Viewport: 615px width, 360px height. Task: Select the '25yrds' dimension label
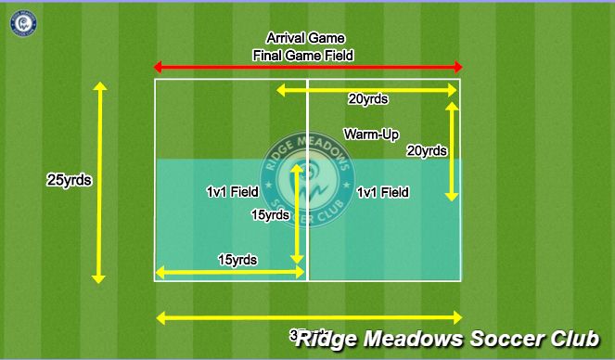(x=69, y=180)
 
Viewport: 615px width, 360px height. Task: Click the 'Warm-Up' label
(x=371, y=135)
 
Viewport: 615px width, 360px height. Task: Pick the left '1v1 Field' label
(x=232, y=192)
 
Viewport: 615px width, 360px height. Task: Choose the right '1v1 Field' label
(x=383, y=192)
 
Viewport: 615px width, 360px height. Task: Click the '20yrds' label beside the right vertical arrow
(x=427, y=150)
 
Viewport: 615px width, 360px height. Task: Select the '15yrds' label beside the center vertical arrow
(x=270, y=214)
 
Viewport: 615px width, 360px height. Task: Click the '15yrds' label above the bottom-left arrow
(x=237, y=259)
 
